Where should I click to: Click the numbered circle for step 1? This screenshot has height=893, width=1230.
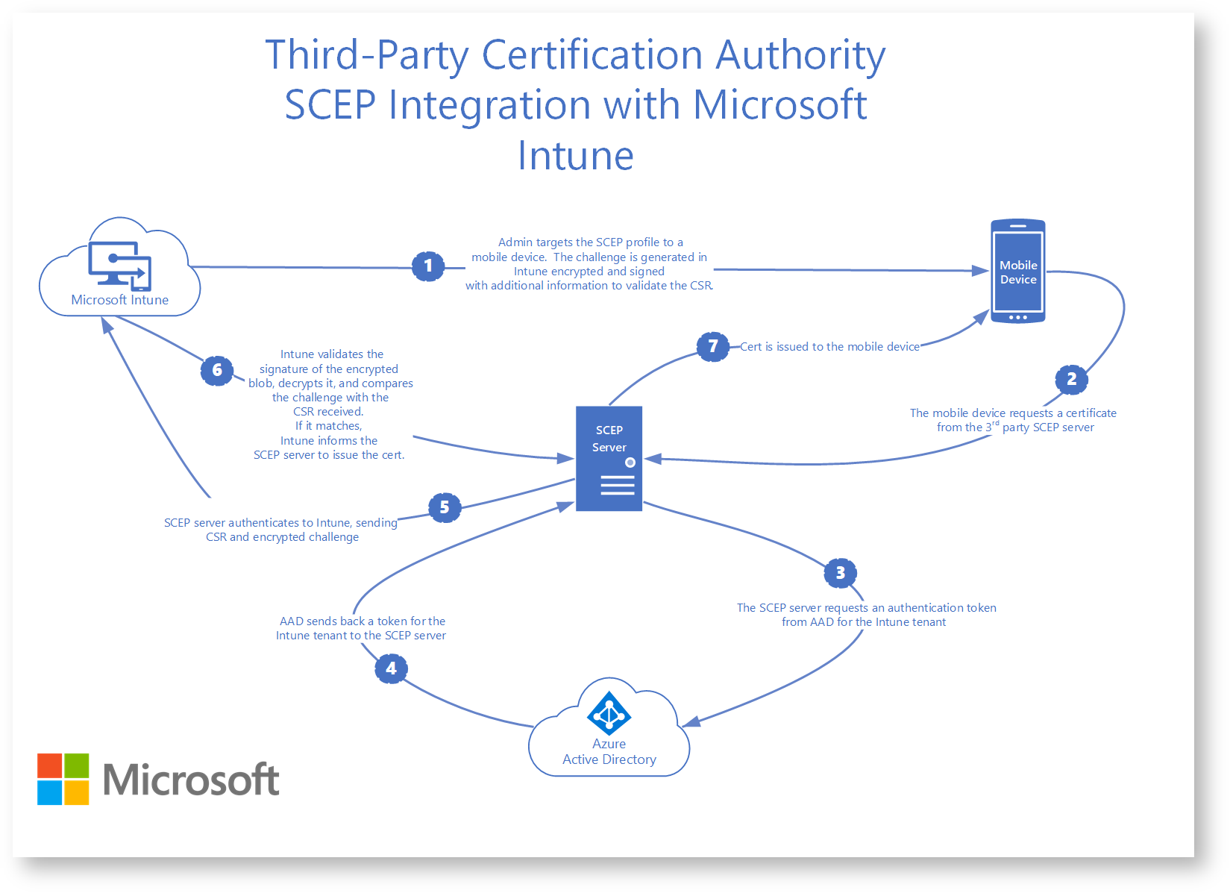tap(428, 266)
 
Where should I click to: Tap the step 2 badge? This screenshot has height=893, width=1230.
tap(1071, 379)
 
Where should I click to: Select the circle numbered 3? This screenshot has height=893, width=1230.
tap(840, 573)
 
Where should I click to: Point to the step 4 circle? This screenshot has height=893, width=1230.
tap(391, 668)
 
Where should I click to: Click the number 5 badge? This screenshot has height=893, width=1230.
tap(445, 507)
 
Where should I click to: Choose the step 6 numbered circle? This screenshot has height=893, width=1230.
tap(217, 370)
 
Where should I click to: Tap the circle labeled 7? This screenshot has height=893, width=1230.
tap(713, 346)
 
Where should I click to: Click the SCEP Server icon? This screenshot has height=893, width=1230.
tap(609, 458)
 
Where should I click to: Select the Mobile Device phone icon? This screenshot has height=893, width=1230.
tap(1017, 272)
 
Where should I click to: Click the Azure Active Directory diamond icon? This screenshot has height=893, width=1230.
tap(609, 713)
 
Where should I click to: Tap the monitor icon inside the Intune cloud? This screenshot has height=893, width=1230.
tap(119, 266)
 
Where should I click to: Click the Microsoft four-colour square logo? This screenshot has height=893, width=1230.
tap(63, 779)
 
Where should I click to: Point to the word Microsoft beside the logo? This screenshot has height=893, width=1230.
tap(191, 780)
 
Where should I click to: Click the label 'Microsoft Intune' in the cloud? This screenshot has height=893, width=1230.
tap(119, 300)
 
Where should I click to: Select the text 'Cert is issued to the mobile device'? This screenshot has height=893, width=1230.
tap(829, 347)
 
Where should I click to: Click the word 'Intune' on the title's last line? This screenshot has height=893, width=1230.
tap(576, 156)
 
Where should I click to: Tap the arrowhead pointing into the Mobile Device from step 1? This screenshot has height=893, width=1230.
tap(981, 271)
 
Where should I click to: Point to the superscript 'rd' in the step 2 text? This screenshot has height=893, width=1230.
tap(996, 423)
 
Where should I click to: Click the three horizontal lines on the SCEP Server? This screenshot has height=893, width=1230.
tap(617, 486)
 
